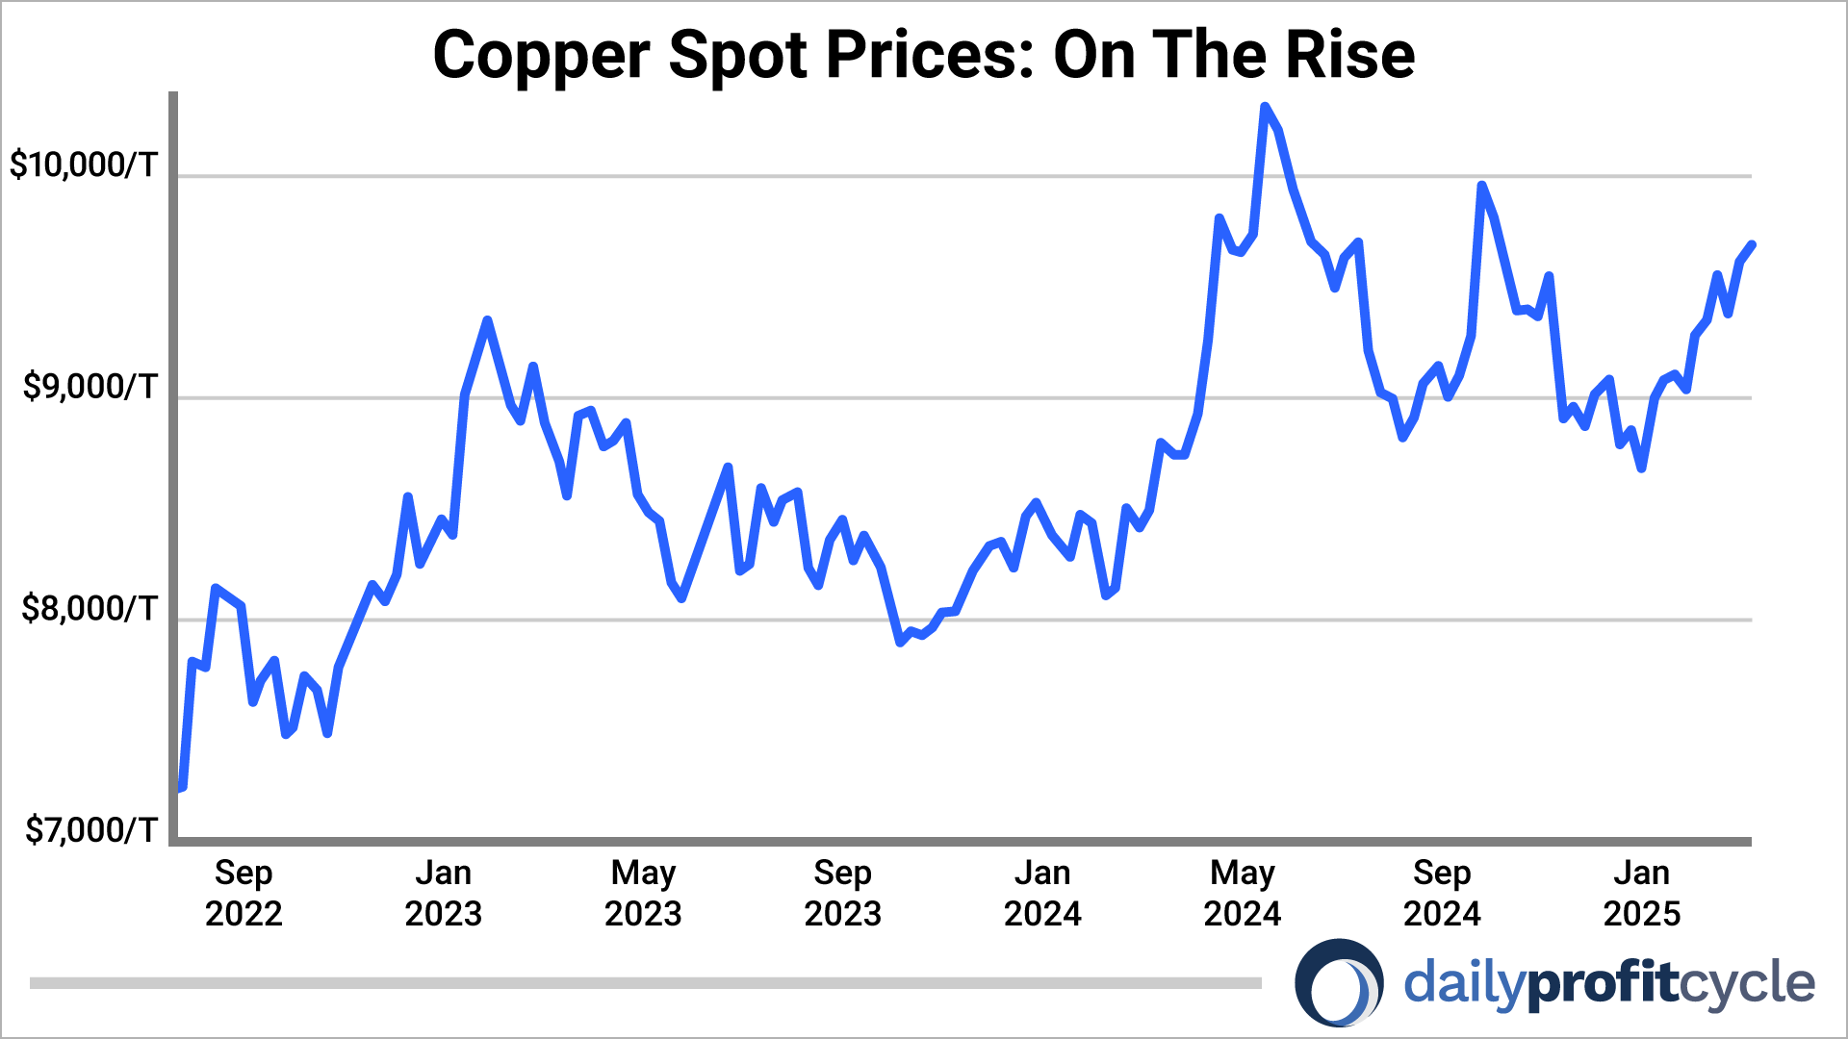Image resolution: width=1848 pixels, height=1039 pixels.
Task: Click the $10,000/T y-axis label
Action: coord(83,165)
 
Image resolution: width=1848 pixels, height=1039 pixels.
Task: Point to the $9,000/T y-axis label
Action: coord(90,387)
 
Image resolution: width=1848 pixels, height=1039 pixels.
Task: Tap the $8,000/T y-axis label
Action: coord(90,608)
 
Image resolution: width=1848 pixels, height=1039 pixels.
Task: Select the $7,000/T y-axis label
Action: coord(90,829)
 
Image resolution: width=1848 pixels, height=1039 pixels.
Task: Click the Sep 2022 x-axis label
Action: coord(244,893)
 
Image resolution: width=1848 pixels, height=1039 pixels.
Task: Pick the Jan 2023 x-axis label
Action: coord(443,893)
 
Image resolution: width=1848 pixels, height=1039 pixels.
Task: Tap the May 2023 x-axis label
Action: coord(643,893)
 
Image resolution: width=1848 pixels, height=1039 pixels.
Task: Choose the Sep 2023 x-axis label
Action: coord(842,893)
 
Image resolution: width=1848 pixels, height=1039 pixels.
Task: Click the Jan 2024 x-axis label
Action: coord(1042,893)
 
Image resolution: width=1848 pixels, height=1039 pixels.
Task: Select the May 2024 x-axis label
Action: coord(1242,893)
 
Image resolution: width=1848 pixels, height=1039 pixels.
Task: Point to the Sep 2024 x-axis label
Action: coord(1442,893)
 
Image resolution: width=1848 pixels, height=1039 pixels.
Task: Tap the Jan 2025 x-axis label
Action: coord(1641,893)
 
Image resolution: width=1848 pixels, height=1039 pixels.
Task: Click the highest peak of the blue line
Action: coord(1265,107)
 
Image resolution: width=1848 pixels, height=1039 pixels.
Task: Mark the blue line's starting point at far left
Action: coord(182,788)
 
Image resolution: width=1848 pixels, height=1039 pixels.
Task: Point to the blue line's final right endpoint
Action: coord(1752,244)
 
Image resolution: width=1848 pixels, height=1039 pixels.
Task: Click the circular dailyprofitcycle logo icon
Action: coord(1339,983)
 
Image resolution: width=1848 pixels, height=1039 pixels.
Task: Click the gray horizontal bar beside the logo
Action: coord(645,983)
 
